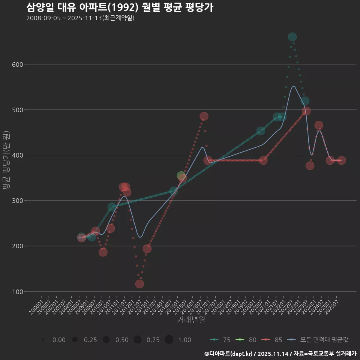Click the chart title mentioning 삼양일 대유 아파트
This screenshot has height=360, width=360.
(120, 7)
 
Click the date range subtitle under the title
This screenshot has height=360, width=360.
(80, 18)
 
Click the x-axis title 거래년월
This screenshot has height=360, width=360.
(191, 320)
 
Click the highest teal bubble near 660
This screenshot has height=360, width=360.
(292, 37)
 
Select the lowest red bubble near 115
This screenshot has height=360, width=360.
(139, 284)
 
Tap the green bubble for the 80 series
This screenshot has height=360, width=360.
(181, 176)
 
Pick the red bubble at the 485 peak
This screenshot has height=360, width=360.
(204, 116)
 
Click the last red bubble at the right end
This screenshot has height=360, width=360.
(341, 160)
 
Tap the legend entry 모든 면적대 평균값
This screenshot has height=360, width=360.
(318, 340)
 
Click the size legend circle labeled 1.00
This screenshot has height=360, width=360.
(169, 340)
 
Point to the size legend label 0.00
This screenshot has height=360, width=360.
(59, 340)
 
